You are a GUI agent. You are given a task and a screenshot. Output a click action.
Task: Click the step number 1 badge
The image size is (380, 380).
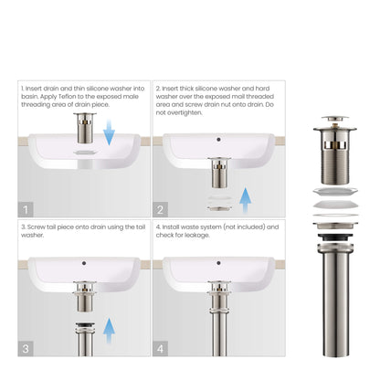tap(26, 208)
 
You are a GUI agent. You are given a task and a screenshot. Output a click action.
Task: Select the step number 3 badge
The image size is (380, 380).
tap(26, 348)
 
